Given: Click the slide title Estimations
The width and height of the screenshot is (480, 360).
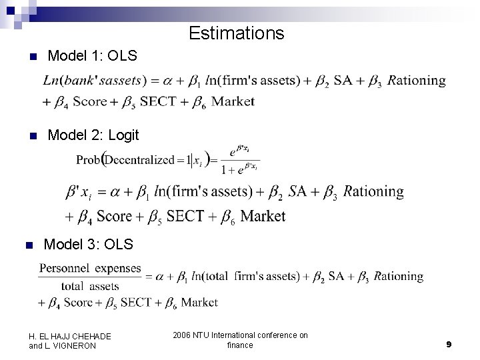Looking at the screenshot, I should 236,33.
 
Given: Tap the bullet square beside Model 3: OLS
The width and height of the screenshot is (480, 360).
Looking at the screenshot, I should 28,246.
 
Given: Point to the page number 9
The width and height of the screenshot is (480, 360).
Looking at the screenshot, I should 449,344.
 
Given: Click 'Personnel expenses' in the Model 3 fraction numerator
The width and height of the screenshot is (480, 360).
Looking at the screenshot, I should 90,268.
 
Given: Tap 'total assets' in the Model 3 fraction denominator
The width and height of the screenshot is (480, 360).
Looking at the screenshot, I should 90,286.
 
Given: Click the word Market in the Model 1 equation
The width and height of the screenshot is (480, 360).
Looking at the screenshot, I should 233,102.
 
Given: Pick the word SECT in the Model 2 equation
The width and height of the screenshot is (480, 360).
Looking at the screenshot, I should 189,217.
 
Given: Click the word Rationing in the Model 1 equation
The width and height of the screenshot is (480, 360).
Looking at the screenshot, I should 417,81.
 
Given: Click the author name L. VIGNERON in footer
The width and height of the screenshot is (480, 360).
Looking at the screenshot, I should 63,345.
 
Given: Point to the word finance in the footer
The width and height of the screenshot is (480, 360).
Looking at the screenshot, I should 240,345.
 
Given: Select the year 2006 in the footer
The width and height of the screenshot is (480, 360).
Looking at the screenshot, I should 181,335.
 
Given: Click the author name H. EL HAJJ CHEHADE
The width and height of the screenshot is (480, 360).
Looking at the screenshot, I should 70,336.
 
